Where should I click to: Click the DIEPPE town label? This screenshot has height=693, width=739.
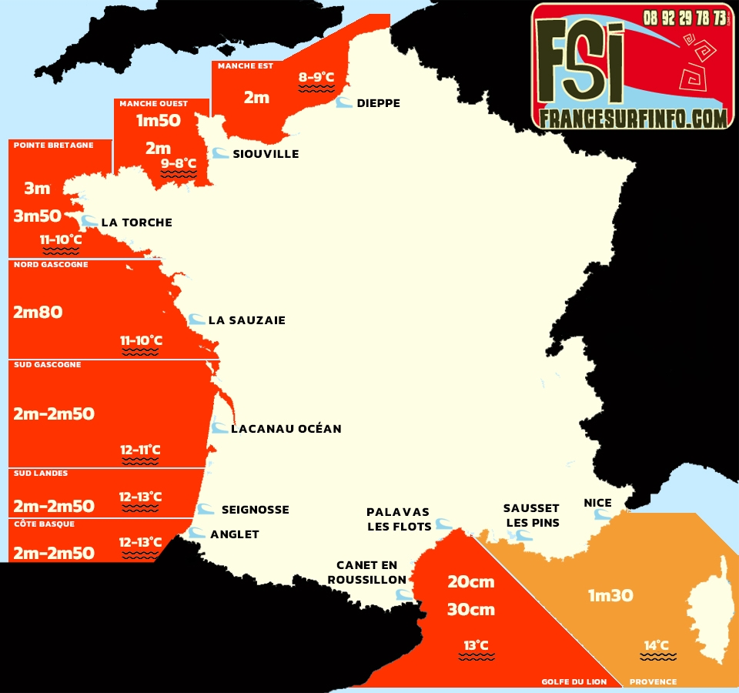coord(378,103)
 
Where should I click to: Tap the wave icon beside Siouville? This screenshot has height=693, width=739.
coord(220,153)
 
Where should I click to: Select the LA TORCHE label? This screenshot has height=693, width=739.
coord(136,223)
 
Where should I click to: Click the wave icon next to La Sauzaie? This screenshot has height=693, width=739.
coord(196,320)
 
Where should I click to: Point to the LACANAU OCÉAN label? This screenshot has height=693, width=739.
coord(286,428)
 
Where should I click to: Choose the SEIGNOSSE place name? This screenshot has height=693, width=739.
coord(255,509)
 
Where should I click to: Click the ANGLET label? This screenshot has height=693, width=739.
coord(234,534)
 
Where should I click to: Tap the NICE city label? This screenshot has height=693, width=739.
coord(597,503)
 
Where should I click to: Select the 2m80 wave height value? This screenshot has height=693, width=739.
coord(38,312)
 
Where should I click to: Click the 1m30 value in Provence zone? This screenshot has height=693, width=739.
coord(610,595)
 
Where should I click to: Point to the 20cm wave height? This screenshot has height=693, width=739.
coord(470,581)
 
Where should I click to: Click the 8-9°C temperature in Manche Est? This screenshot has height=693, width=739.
coord(316,77)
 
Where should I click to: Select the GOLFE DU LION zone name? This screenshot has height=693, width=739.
coord(573,681)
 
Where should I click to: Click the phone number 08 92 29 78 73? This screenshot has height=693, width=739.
coord(684,17)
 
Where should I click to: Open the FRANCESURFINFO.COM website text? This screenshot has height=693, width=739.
coord(633,118)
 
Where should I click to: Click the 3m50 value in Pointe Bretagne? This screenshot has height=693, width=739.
coord(37,216)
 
